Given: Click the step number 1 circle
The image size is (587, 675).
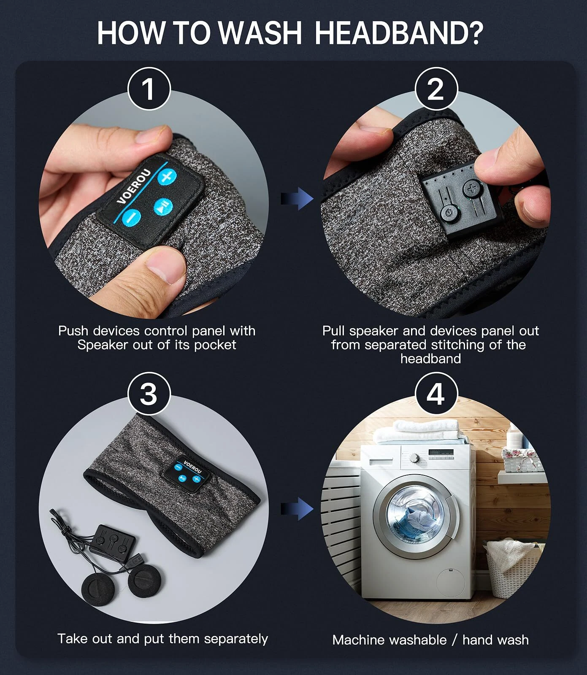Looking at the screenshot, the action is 149,89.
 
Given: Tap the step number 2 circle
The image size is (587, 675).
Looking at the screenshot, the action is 436,89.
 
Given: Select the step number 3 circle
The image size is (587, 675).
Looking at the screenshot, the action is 149,394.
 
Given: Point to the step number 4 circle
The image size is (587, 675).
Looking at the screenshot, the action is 436,394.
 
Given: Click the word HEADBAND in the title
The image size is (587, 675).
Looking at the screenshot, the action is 398,32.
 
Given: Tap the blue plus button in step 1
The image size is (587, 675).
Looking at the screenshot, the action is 167,176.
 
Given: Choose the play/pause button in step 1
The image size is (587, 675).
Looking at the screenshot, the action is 162,207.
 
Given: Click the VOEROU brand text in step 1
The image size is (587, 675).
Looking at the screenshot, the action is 133,186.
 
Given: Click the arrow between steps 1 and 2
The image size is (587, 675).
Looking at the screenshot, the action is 297,198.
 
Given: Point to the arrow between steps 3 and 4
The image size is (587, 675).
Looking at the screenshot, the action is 297,508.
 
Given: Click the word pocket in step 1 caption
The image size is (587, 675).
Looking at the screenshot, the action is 215,345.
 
